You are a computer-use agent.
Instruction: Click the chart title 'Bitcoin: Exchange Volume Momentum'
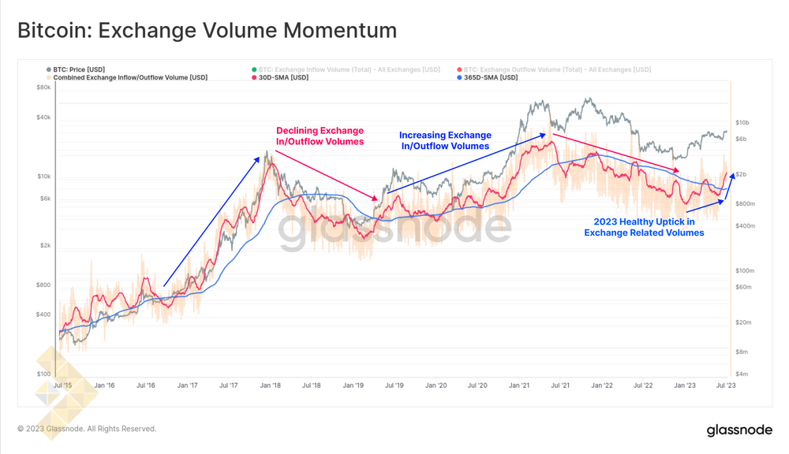coord(207,31)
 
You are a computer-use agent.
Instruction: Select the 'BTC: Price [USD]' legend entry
coord(79,70)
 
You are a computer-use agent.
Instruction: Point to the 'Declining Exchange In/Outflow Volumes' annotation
coord(320,136)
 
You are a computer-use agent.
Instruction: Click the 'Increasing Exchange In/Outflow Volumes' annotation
coord(445,140)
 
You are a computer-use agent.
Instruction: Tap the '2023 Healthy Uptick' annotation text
coord(644,227)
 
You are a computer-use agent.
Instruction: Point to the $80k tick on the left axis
coord(43,87)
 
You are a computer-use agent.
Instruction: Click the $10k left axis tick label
coord(43,177)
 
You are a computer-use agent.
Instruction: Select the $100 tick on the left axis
coord(43,374)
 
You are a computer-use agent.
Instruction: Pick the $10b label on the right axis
coord(742,123)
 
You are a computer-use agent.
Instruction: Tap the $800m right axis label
coord(746,204)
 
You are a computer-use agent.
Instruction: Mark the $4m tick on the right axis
coord(742,374)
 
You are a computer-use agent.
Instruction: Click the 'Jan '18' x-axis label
coord(271,385)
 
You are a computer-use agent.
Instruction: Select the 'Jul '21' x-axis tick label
coord(561,385)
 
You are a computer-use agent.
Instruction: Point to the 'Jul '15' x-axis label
coord(63,385)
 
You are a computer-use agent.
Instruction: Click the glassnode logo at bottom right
coord(739,430)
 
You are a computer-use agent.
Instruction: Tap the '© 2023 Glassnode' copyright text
coord(87,429)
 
